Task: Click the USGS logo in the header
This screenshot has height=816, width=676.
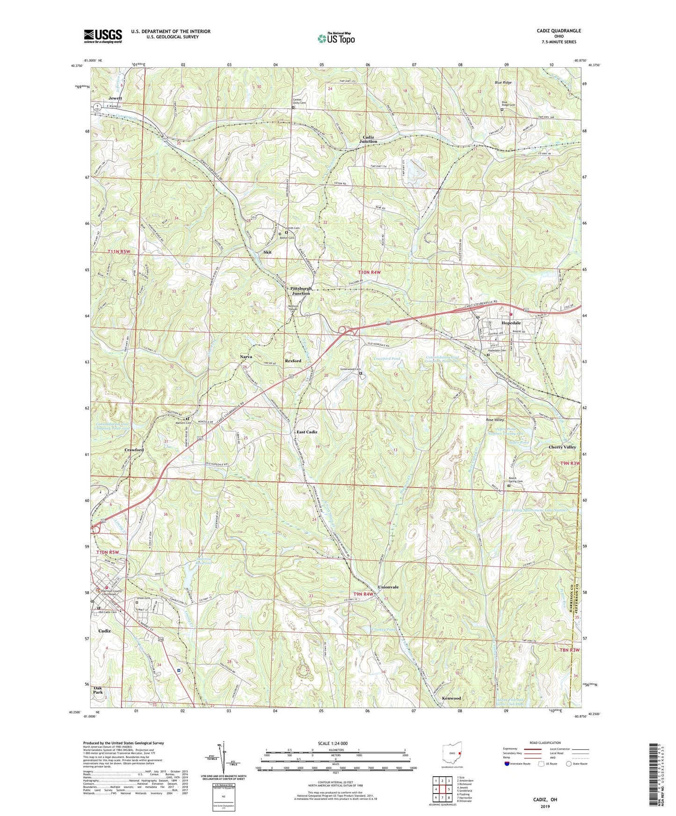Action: (103, 36)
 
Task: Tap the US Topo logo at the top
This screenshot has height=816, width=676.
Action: (336, 38)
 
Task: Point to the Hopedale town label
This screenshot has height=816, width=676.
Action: (511, 323)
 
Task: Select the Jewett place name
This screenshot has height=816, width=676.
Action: (115, 99)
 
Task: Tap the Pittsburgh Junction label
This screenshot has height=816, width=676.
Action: (301, 291)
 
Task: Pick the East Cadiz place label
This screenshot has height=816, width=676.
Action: (307, 432)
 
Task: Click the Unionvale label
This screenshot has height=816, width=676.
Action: (388, 587)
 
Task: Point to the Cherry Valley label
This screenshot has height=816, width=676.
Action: (562, 447)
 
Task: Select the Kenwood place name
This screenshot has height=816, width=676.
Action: (451, 698)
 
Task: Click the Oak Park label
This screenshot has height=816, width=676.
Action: (98, 691)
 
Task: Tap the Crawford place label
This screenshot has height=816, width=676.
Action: (134, 450)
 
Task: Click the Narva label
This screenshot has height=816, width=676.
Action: (246, 357)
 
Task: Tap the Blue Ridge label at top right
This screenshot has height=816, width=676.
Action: (503, 82)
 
